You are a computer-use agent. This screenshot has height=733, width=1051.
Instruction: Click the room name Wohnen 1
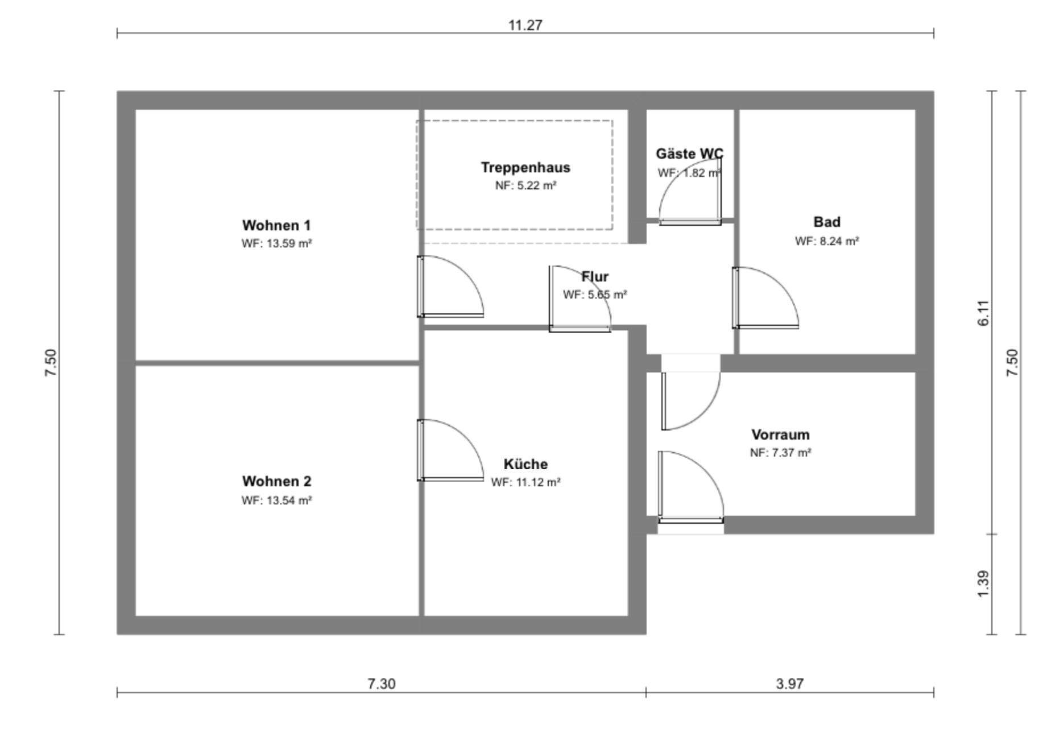pyautogui.click(x=276, y=225)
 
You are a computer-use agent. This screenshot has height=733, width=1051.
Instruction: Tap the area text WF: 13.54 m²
pyautogui.click(x=276, y=500)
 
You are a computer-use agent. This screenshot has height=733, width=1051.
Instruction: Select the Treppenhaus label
pyautogui.click(x=525, y=168)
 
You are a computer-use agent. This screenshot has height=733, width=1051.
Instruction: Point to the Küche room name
pyautogui.click(x=525, y=464)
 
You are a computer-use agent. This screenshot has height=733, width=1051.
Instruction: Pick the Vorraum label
pyautogui.click(x=780, y=435)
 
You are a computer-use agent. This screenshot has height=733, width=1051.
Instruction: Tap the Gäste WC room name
pyautogui.click(x=689, y=154)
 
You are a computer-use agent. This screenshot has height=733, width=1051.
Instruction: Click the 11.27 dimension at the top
pyautogui.click(x=525, y=25)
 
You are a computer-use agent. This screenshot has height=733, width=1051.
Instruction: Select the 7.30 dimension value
pyautogui.click(x=381, y=684)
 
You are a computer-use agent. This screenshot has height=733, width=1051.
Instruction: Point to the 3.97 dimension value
pyautogui.click(x=790, y=684)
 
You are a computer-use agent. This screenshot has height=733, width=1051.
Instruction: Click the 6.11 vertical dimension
pyautogui.click(x=983, y=313)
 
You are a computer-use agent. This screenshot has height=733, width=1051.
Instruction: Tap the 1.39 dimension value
pyautogui.click(x=983, y=584)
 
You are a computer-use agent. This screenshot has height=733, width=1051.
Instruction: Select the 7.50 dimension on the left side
pyautogui.click(x=51, y=362)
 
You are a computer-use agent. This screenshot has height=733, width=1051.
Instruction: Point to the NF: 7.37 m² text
pyautogui.click(x=780, y=453)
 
